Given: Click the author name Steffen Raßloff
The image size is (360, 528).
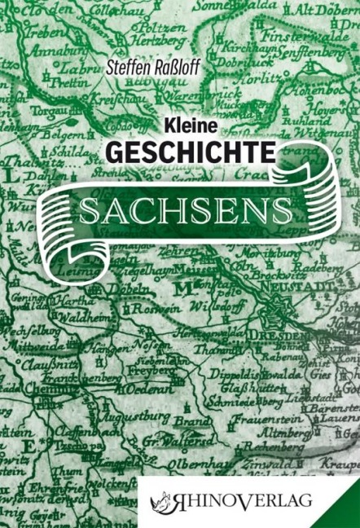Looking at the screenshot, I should coord(154,75).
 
